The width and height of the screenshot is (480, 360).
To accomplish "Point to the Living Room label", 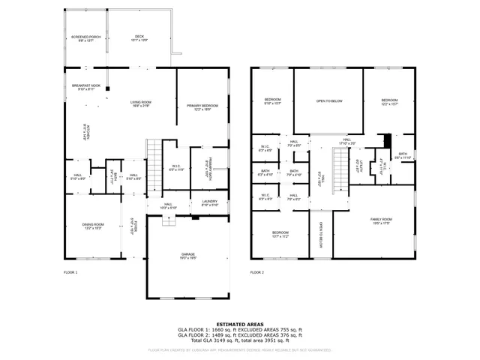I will [141, 103].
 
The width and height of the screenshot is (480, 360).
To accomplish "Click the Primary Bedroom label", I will [202, 107].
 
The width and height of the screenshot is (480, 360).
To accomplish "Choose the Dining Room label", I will [93, 226].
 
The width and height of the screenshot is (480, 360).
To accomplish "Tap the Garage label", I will [187, 256].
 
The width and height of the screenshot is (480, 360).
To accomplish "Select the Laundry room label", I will [209, 202].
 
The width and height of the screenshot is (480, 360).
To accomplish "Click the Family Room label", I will [381, 220].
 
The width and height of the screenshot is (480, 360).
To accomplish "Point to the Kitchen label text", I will [85, 133].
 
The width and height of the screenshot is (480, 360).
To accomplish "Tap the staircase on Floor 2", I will [342, 168].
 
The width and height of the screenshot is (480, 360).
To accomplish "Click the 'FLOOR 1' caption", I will [70, 273].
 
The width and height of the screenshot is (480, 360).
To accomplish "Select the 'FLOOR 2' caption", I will [258, 273].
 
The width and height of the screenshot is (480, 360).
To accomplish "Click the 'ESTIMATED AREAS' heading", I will [239, 324].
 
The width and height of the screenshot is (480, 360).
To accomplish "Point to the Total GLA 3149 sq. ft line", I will [239, 340].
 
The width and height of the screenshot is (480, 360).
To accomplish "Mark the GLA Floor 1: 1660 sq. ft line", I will [239, 330].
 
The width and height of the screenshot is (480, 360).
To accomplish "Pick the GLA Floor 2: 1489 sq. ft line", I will [239, 335].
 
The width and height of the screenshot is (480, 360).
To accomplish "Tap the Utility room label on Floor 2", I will [362, 166].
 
